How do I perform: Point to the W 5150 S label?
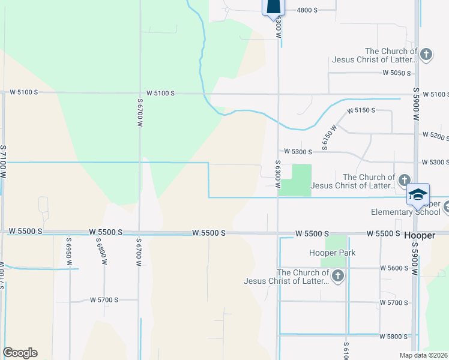coord(361,110)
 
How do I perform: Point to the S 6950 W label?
coord(68,248)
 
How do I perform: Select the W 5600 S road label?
coord(393,268)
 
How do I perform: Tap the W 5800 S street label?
coord(393,337)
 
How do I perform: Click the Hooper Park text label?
coord(332,253)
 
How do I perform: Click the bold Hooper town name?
coord(419,235)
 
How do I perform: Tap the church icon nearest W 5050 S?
coord(426,55)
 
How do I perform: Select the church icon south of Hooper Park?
coord(338,276)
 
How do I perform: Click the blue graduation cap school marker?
coord(418,195)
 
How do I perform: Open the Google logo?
coord(20,353)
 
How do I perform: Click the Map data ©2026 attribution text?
coord(423,355)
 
